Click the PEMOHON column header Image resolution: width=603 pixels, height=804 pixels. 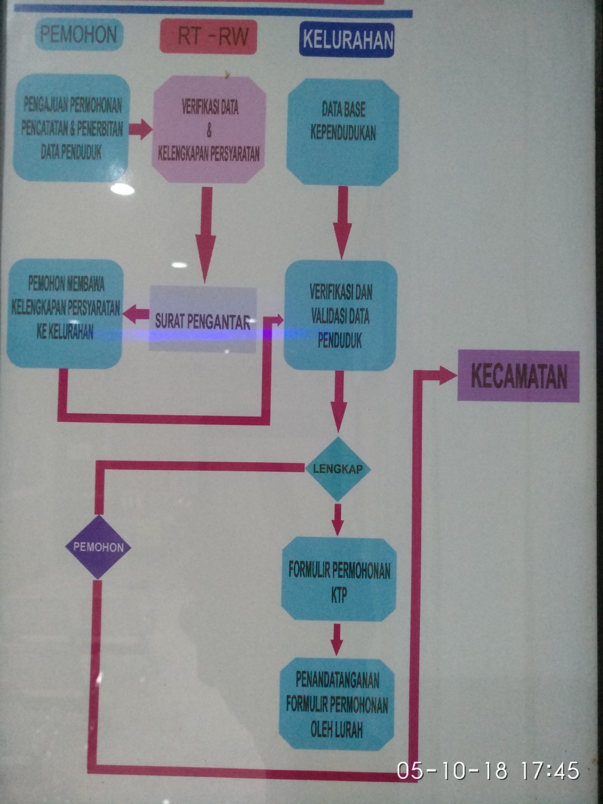(x=79, y=35)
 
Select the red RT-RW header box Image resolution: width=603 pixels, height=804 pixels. (x=208, y=37)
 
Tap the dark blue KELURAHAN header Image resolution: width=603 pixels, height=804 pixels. (x=347, y=40)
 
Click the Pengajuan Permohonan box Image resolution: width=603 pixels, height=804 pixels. (x=71, y=128)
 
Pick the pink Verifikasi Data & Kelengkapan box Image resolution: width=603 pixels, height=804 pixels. (x=209, y=130)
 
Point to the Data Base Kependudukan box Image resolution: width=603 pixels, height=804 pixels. (x=343, y=132)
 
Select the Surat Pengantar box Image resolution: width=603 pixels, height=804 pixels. (x=202, y=320)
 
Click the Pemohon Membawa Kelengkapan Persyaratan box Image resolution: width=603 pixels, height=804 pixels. (x=65, y=313)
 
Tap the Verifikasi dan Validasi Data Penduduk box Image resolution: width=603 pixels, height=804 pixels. (x=341, y=315)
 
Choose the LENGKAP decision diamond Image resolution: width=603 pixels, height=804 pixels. (x=337, y=469)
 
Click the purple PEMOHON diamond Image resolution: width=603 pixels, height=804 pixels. (x=98, y=547)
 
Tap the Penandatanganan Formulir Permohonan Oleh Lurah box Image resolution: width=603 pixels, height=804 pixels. (x=337, y=704)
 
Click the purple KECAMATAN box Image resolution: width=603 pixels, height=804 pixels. (x=518, y=376)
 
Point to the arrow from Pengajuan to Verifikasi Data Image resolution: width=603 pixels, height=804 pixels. (x=141, y=129)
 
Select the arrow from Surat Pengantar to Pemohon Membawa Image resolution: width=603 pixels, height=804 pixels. (x=136, y=315)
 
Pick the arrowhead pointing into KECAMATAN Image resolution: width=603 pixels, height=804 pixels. (x=447, y=375)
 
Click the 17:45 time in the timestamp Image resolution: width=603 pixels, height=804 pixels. (x=550, y=771)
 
